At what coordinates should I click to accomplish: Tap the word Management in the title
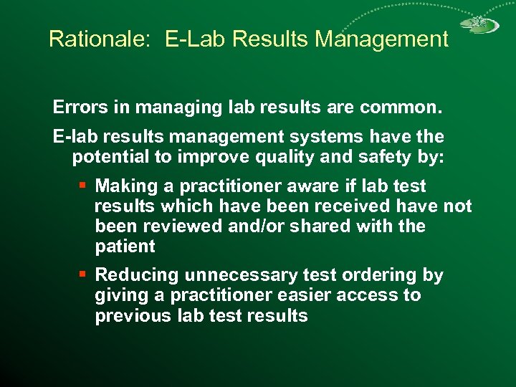[x=382, y=39]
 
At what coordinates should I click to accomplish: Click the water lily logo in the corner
[x=479, y=26]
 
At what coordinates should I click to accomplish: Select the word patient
[x=125, y=247]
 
